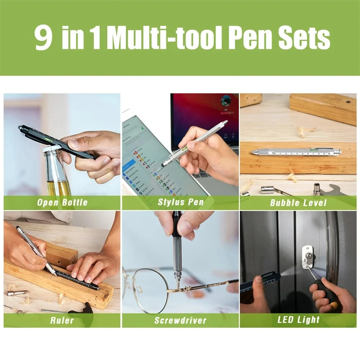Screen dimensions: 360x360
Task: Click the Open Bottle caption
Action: pyautogui.click(x=62, y=202)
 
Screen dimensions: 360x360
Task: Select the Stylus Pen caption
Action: pyautogui.click(x=181, y=202)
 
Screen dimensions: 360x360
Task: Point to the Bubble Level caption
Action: pyautogui.click(x=298, y=203)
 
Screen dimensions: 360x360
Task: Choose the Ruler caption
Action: pyautogui.click(x=62, y=320)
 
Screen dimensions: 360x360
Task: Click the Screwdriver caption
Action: pyautogui.click(x=180, y=320)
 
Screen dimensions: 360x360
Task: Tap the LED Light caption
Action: pyautogui.click(x=298, y=320)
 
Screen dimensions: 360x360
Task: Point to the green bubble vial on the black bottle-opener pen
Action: pyautogui.click(x=49, y=139)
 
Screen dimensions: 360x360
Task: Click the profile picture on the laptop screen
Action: pyautogui.click(x=226, y=101)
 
